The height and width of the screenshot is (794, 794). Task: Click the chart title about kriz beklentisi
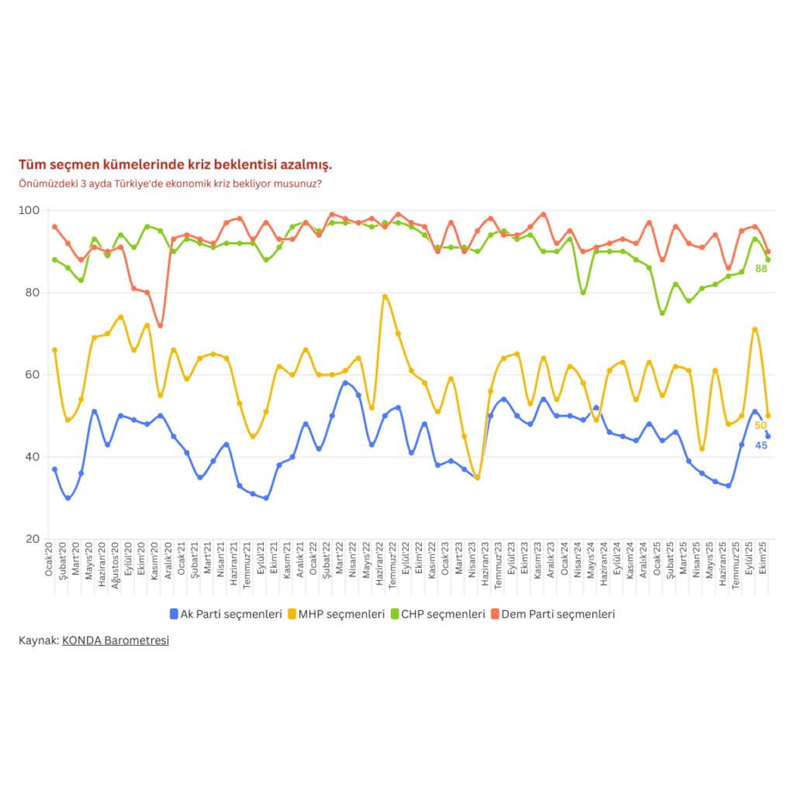175,165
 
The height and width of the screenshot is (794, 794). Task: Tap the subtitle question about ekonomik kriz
170,184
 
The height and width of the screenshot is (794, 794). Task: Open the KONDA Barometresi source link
115,640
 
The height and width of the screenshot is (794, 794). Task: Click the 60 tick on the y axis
32,375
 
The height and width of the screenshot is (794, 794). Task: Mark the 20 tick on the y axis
32,539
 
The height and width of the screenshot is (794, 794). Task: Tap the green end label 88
761,268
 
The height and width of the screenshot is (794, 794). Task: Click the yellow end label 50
761,426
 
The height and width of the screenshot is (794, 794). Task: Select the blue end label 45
761,445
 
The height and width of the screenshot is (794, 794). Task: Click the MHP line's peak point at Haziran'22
385,296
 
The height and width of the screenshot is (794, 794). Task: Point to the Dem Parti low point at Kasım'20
161,326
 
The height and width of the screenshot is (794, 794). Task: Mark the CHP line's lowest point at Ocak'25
662,313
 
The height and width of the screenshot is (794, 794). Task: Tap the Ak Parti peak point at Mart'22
346,383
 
